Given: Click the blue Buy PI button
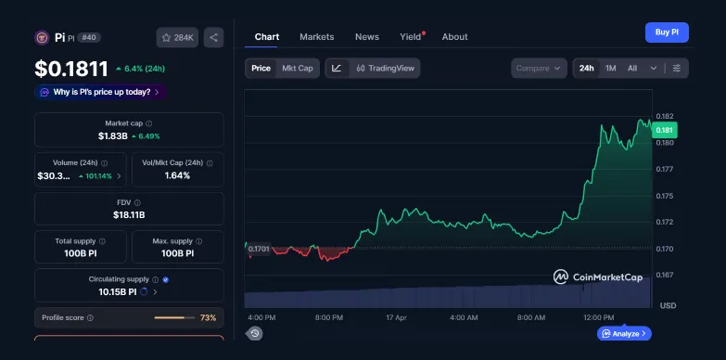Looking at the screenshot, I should [667, 32].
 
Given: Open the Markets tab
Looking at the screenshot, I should [317, 37].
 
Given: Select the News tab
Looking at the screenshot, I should [366, 37].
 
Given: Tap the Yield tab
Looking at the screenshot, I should [410, 37].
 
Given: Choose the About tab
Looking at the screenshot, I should [454, 37].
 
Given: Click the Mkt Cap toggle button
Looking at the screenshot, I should [298, 68].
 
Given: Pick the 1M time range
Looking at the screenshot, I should [610, 68].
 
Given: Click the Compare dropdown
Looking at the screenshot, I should [538, 68].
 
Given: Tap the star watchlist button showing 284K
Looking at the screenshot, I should [177, 37].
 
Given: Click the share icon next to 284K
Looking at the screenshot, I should [214, 37].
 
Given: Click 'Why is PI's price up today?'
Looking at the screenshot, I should [102, 92].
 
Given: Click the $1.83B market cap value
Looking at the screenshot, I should [114, 136].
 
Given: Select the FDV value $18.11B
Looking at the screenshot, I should [129, 214].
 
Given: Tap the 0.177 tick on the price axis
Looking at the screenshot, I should [664, 170].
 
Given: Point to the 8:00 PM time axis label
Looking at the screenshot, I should [329, 317].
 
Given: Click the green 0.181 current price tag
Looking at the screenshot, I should [665, 131].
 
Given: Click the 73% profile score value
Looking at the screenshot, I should [208, 317].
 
